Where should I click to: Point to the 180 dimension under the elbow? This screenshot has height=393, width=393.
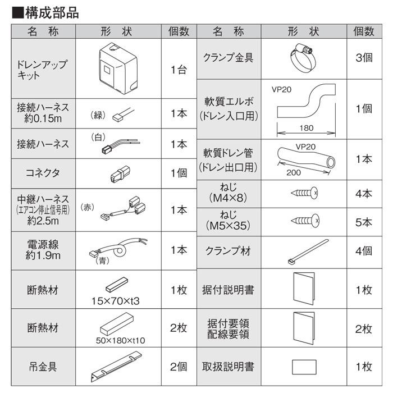(x=306, y=128)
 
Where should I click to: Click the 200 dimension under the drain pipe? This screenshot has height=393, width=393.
(x=293, y=173)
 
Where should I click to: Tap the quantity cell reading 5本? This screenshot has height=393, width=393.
(x=363, y=222)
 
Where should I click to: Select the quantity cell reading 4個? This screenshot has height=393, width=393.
(x=363, y=251)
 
